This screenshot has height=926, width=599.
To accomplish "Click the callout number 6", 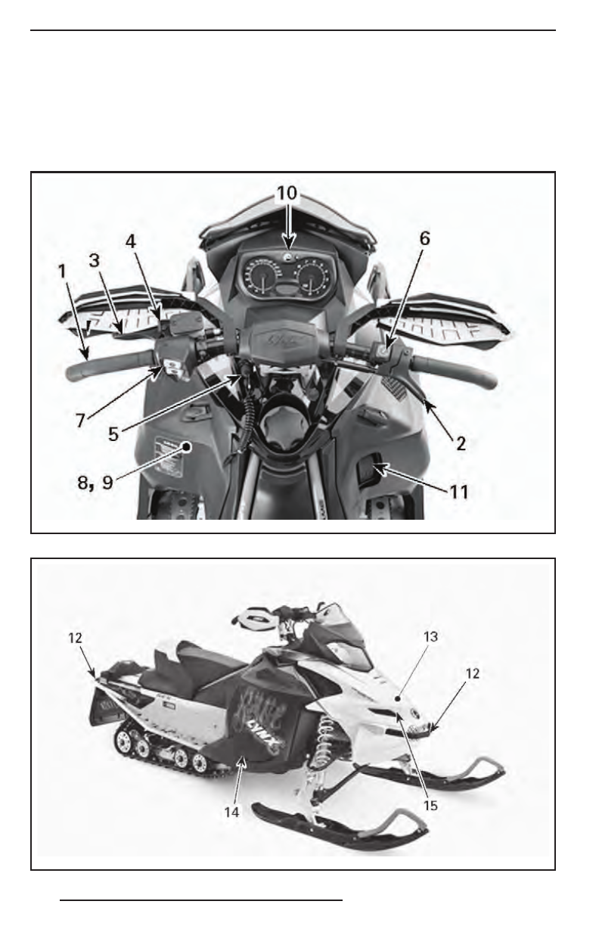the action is (425, 238).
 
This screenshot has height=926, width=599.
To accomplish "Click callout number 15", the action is (431, 806).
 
